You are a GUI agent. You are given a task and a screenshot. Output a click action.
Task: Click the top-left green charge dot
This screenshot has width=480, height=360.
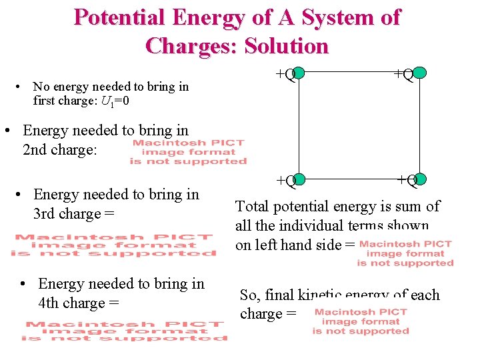(x=299, y=72)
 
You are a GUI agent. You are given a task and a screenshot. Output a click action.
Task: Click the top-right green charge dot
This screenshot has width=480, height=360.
(x=420, y=72)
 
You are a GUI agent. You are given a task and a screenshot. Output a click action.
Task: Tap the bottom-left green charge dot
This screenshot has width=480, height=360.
(x=299, y=179)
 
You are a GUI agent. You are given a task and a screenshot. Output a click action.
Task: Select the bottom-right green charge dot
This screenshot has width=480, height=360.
(x=420, y=179)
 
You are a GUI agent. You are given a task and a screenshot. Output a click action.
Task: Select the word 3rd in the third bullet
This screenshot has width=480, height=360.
(x=45, y=214)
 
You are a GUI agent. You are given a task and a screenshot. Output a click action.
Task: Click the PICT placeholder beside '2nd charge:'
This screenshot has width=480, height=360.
(x=188, y=152)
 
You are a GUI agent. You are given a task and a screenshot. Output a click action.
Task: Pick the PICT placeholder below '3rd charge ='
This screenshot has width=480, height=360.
(x=113, y=245)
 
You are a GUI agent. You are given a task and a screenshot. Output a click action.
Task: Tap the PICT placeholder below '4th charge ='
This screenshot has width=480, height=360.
(x=124, y=331)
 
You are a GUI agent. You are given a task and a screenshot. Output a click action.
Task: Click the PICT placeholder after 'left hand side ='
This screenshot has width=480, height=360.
(x=405, y=253)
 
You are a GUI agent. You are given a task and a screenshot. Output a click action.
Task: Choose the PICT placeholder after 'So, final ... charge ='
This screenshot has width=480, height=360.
(x=360, y=321)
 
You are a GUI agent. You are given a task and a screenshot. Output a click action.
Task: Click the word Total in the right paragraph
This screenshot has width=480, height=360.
(x=254, y=207)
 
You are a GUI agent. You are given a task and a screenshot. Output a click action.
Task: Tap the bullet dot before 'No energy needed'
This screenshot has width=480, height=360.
(x=23, y=87)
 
